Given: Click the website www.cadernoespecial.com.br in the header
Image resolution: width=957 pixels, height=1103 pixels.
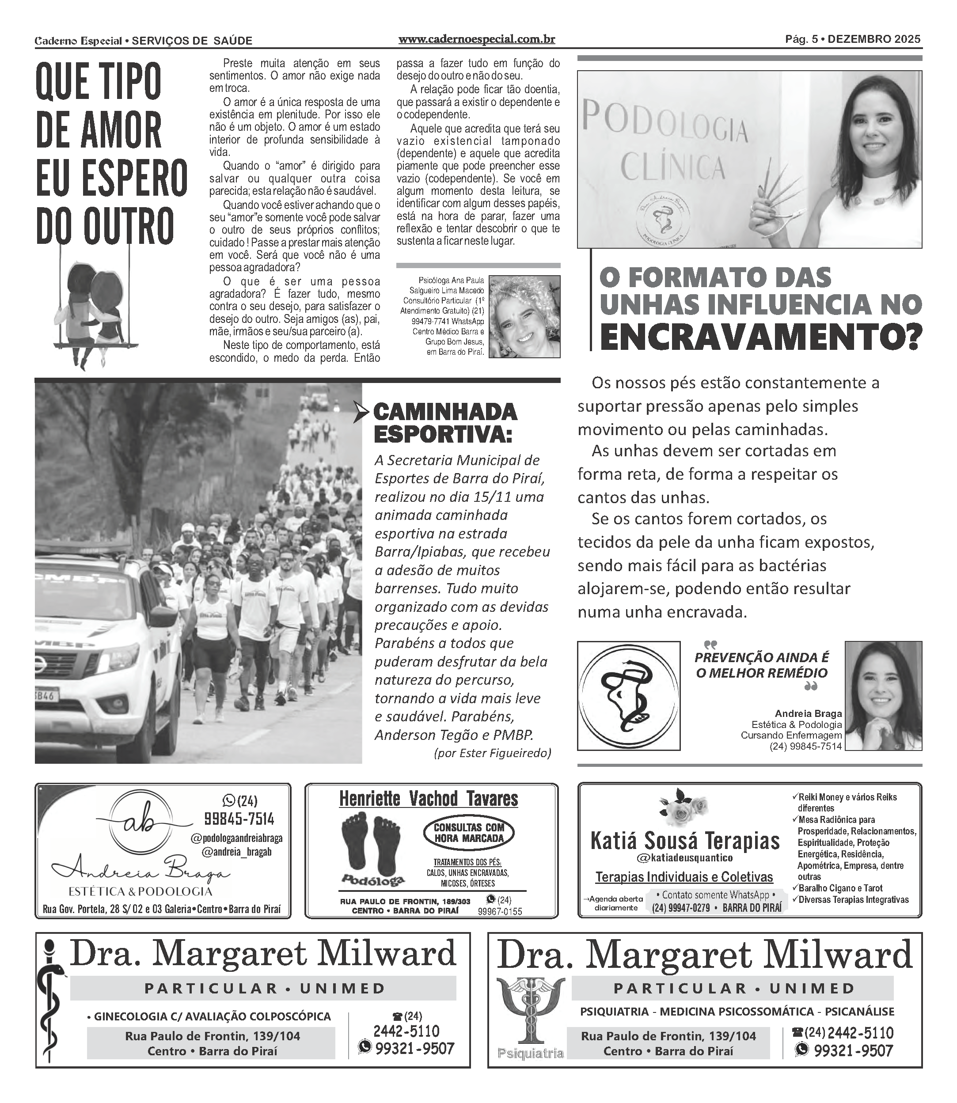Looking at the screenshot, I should (476, 39).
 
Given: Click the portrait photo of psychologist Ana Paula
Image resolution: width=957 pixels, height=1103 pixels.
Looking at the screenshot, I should (524, 316).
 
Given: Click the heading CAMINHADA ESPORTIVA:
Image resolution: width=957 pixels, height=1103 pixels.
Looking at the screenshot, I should (445, 423).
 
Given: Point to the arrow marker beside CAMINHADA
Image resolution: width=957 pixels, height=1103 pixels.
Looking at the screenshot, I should (361, 413).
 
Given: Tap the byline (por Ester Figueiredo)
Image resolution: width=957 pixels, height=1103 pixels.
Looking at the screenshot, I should (492, 753).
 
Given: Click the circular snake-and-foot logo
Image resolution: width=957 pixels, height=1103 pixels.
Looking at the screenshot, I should (629, 695).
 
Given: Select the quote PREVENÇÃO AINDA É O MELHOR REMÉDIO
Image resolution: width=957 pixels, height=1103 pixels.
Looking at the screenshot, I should (762, 665).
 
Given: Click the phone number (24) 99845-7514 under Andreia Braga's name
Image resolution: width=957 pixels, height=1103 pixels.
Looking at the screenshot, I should (805, 747).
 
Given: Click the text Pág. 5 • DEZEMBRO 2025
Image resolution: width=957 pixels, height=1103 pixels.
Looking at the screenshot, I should (852, 39).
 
